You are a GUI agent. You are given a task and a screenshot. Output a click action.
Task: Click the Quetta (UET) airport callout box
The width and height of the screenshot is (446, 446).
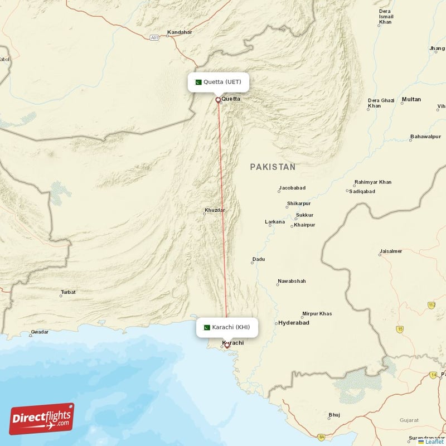(x=218, y=82)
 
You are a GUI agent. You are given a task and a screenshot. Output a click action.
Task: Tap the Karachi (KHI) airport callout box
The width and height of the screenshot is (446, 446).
(x=227, y=327)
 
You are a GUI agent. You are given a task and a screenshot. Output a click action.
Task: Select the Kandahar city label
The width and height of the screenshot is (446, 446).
(x=180, y=32)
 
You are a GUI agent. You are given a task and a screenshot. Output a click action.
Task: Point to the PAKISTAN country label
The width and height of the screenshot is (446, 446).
(x=273, y=167)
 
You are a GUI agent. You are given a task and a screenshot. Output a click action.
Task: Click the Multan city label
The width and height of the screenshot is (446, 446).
(x=411, y=99)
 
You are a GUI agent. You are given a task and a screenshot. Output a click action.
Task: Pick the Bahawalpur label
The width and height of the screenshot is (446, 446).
(x=425, y=137)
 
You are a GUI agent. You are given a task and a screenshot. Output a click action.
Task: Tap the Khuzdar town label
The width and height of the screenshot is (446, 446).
(x=215, y=210)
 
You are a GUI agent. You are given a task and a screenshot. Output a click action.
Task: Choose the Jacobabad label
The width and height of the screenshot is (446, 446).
(x=293, y=188)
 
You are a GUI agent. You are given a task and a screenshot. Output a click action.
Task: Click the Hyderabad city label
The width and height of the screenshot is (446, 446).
(x=294, y=323)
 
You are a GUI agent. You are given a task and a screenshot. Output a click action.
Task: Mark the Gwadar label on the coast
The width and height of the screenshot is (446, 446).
(x=40, y=332)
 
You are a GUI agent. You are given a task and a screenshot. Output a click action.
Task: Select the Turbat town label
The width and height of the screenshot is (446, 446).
(x=68, y=292)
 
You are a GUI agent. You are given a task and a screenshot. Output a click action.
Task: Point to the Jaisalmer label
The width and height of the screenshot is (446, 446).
(x=390, y=251)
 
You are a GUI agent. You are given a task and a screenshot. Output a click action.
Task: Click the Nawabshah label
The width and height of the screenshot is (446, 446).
(x=292, y=282)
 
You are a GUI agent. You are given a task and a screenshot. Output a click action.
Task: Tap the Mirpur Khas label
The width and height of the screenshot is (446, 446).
(x=317, y=314)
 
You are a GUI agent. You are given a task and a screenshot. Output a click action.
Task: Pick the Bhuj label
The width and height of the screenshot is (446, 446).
(x=334, y=415)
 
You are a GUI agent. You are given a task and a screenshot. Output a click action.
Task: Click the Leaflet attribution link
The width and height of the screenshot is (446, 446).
(x=434, y=442)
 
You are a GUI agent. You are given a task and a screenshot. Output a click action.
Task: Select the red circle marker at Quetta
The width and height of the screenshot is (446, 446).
(x=218, y=100)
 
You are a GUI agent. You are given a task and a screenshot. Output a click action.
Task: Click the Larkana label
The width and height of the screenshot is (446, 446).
(x=275, y=222)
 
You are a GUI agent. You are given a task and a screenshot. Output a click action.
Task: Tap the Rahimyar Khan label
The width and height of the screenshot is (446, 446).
(x=372, y=182)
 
